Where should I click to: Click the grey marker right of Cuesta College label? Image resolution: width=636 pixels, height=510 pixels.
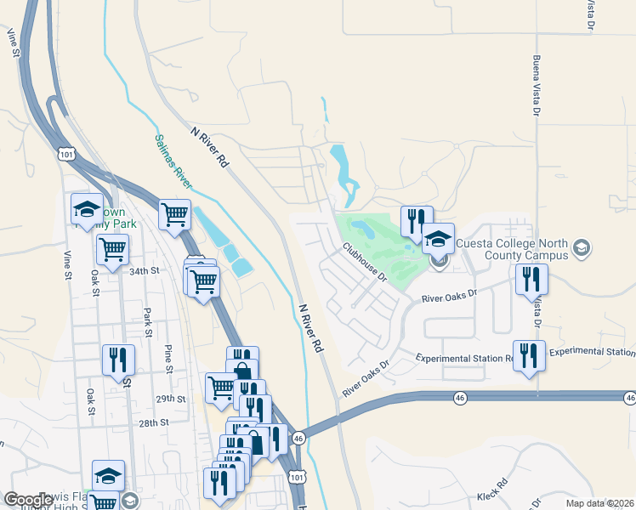pos(582,248)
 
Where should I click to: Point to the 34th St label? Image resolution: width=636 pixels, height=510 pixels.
pos(145,271)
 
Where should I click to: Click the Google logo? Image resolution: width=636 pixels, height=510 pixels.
pos(29,500)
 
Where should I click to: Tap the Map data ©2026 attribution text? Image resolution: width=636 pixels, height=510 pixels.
pos(599,503)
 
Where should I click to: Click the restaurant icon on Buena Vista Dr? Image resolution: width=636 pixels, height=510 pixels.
pos(531,279)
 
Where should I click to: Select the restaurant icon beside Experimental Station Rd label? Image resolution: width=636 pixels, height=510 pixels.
pos(529,356)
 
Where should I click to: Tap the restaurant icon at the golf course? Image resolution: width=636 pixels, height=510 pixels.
pos(416,222)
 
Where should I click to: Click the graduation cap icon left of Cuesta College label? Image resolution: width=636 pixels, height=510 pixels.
pos(438,239)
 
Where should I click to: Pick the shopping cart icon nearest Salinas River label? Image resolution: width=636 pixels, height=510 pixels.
pos(174,214)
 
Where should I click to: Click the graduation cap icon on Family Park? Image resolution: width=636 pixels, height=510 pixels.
pos(86,209)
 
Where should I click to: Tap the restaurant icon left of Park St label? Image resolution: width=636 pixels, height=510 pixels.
pos(118,360)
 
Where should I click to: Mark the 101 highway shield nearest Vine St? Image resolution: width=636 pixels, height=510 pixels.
pos(67,153)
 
